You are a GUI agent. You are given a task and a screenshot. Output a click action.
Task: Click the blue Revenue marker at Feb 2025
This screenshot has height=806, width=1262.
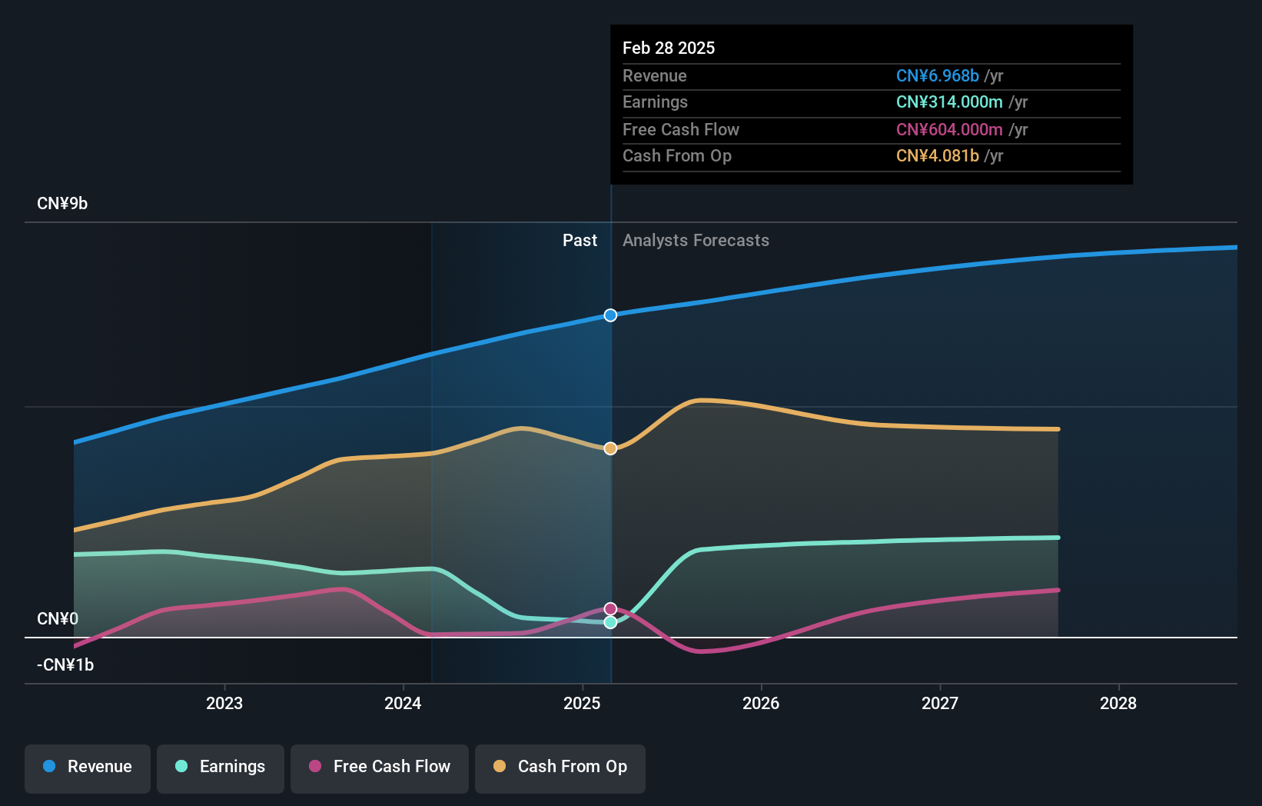(610, 315)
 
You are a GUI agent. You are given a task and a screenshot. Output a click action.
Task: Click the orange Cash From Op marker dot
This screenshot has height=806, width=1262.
(610, 448)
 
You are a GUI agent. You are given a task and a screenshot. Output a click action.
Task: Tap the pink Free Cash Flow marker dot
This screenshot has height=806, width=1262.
(610, 609)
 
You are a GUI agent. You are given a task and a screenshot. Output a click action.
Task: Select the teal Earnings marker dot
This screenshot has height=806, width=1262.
(610, 622)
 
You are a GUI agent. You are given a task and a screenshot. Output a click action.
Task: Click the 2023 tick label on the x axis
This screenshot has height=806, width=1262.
(224, 703)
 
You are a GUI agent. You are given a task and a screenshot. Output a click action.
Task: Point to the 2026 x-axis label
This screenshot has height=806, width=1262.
(761, 703)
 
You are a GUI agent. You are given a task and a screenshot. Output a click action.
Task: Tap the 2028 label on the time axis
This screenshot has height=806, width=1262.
(1118, 703)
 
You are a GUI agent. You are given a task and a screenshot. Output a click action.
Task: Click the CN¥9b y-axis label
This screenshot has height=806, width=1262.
(62, 204)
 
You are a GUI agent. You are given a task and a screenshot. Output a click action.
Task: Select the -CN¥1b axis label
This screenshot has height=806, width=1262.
(65, 665)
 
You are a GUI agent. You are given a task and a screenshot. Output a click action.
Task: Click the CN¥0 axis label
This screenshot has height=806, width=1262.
(58, 619)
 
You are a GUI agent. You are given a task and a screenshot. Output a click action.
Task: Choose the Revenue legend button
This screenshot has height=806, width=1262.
(88, 767)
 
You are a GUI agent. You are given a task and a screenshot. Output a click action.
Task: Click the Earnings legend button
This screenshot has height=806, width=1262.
(221, 767)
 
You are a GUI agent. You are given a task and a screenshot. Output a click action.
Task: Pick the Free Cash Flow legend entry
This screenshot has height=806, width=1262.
(380, 767)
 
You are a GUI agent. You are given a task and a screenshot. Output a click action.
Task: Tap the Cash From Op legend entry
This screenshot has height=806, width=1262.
(560, 767)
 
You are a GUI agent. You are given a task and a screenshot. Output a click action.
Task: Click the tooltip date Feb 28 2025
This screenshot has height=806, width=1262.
(669, 48)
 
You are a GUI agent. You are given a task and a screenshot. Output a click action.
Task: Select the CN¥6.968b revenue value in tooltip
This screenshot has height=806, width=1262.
(937, 75)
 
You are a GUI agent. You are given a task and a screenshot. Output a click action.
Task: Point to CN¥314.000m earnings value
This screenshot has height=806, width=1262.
(949, 102)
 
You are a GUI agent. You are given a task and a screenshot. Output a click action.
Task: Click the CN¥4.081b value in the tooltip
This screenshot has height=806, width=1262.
(937, 156)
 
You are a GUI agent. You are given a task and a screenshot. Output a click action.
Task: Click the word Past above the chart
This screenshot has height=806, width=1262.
(580, 241)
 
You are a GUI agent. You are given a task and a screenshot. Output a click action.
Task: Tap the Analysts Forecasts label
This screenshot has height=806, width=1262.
(696, 241)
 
